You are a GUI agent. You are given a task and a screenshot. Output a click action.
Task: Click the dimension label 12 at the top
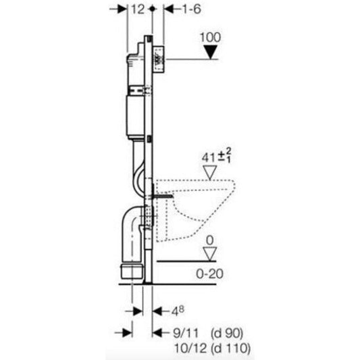coord(138,9)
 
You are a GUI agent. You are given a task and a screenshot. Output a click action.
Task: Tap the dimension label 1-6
coord(178,9)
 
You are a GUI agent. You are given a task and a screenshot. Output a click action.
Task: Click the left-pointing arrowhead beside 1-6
coord(162,9)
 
